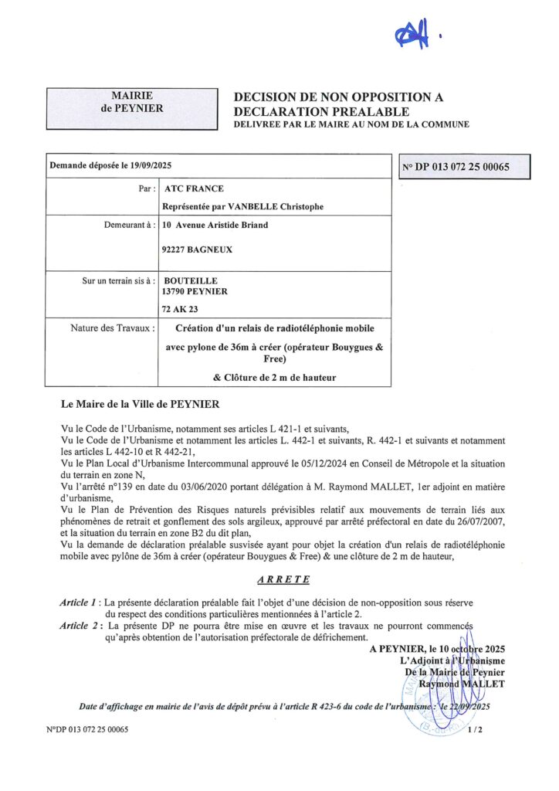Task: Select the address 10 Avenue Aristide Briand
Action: point(215,226)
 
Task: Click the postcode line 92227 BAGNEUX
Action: point(198,250)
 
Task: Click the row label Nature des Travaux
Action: point(111,328)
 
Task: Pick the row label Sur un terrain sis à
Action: point(119,280)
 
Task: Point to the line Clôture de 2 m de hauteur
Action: point(274,377)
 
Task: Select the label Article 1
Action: point(80,601)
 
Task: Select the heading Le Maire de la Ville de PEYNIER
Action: point(141,403)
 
